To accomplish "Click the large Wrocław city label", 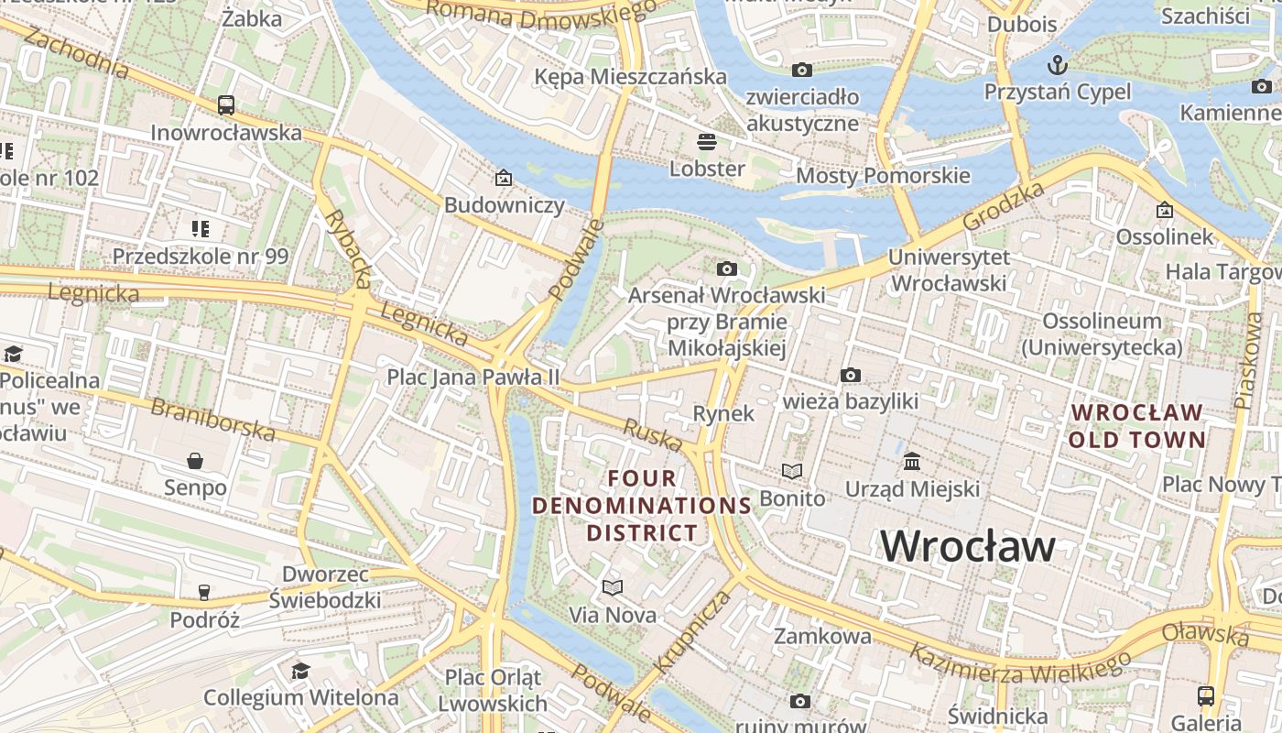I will coord(968,546).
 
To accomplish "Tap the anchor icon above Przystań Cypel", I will coord(1058,65).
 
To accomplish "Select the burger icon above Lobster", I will coord(706,142).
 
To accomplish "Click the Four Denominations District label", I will coord(642,505).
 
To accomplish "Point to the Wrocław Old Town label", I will coord(1136,426).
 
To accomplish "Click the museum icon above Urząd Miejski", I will coord(912,461).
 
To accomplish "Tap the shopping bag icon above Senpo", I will coord(195,460).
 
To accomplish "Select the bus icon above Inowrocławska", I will coord(226,105).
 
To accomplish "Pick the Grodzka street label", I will coord(1004,206).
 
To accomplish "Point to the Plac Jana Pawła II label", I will coord(473,377).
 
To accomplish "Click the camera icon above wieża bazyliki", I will coord(851,375).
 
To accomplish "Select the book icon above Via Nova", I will coord(613,587).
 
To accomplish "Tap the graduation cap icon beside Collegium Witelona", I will coord(300,672).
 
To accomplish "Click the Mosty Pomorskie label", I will coord(883,175).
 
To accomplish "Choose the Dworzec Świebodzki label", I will coord(324,587).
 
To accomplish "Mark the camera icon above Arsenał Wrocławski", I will coord(727,268).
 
